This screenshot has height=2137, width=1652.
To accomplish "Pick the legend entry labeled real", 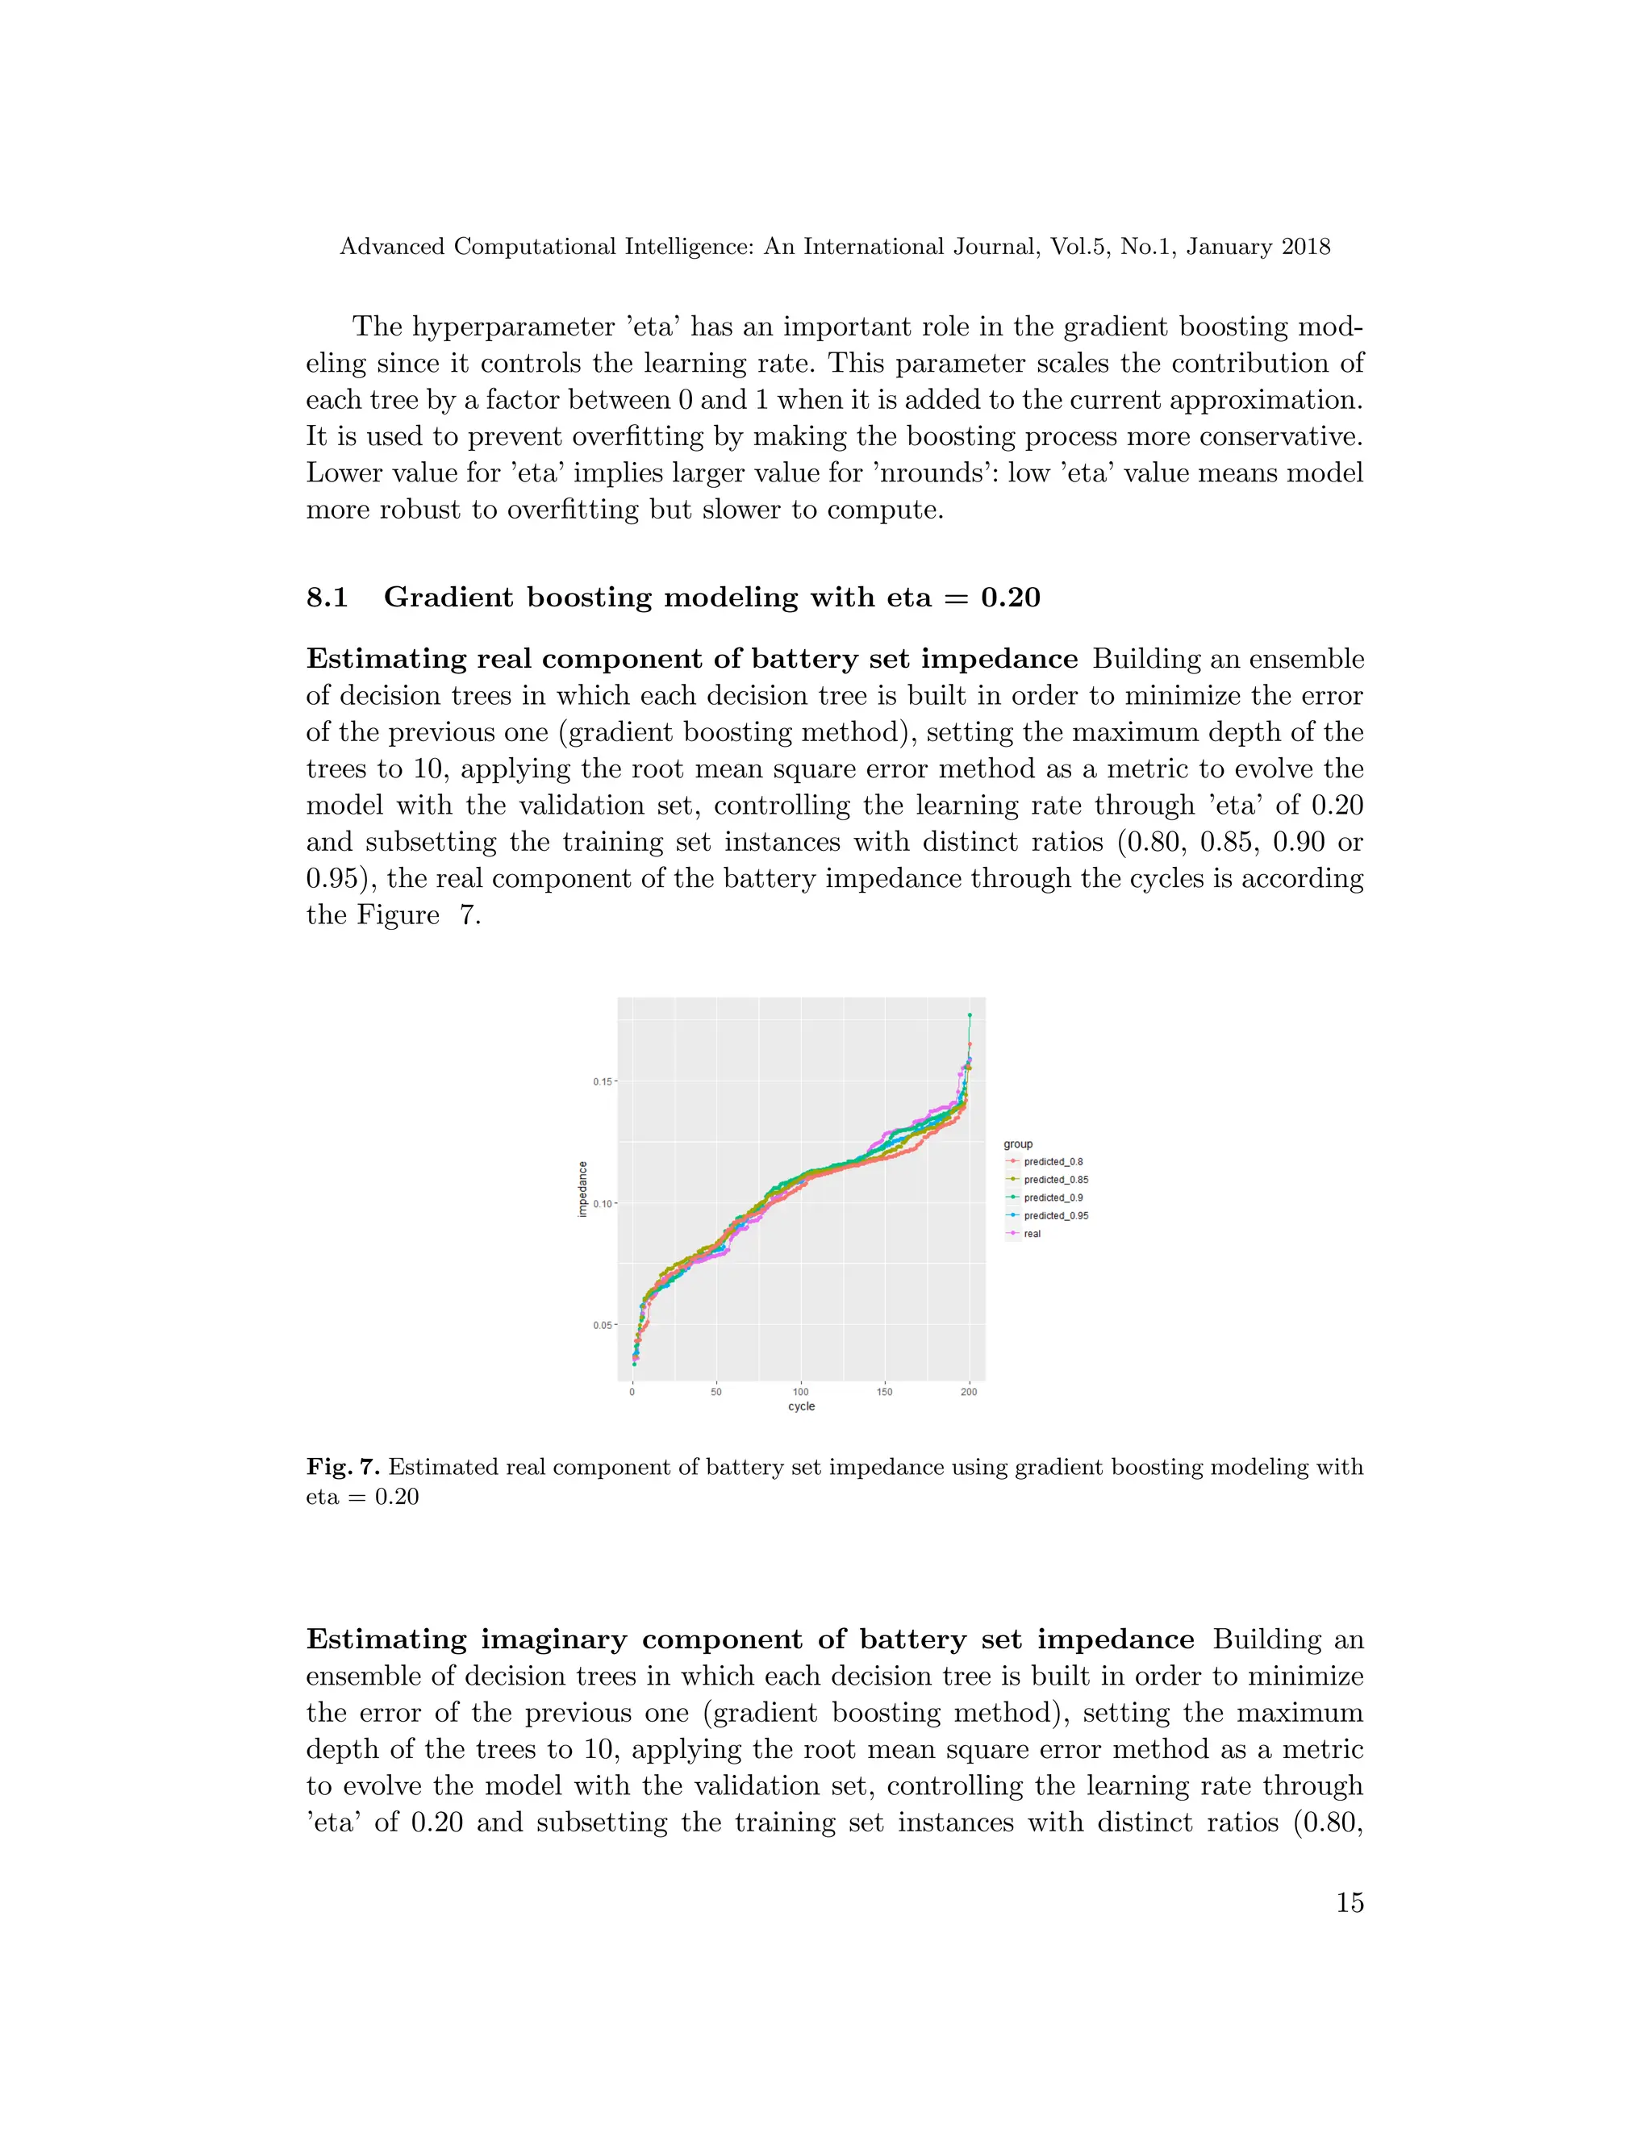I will tap(1032, 1234).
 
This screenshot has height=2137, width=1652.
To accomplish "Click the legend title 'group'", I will tap(1018, 1143).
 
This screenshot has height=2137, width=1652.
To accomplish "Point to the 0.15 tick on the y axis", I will tap(602, 1081).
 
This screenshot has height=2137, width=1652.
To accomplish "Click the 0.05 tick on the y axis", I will tap(602, 1325).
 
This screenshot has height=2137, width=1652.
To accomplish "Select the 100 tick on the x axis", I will tap(800, 1391).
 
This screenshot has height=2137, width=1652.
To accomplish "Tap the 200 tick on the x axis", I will tap(969, 1391).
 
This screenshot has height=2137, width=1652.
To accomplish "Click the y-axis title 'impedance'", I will tap(582, 1189).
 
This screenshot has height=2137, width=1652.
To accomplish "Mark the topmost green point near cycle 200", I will tap(969, 1015).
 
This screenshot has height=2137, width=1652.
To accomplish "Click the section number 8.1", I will tap(327, 597).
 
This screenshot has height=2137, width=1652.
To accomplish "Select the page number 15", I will tap(1350, 1902).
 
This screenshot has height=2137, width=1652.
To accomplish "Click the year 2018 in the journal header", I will tap(1306, 247).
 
